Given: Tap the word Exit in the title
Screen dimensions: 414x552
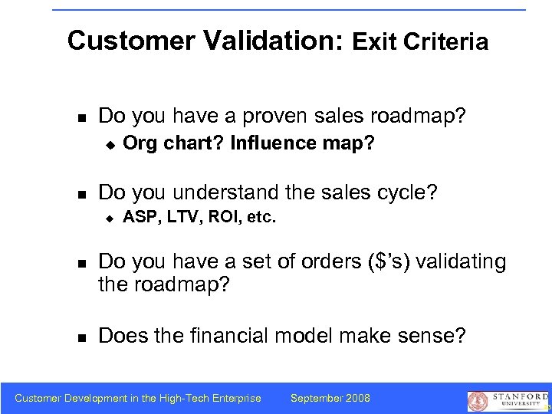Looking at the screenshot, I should click(x=374, y=42).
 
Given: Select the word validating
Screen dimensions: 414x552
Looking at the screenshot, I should click(x=463, y=262).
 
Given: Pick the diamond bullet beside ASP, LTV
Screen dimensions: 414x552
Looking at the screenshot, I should click(x=110, y=218).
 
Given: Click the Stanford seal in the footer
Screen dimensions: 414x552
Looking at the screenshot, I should click(x=478, y=400).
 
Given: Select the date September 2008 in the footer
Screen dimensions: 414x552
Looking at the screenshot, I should click(x=330, y=398).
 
